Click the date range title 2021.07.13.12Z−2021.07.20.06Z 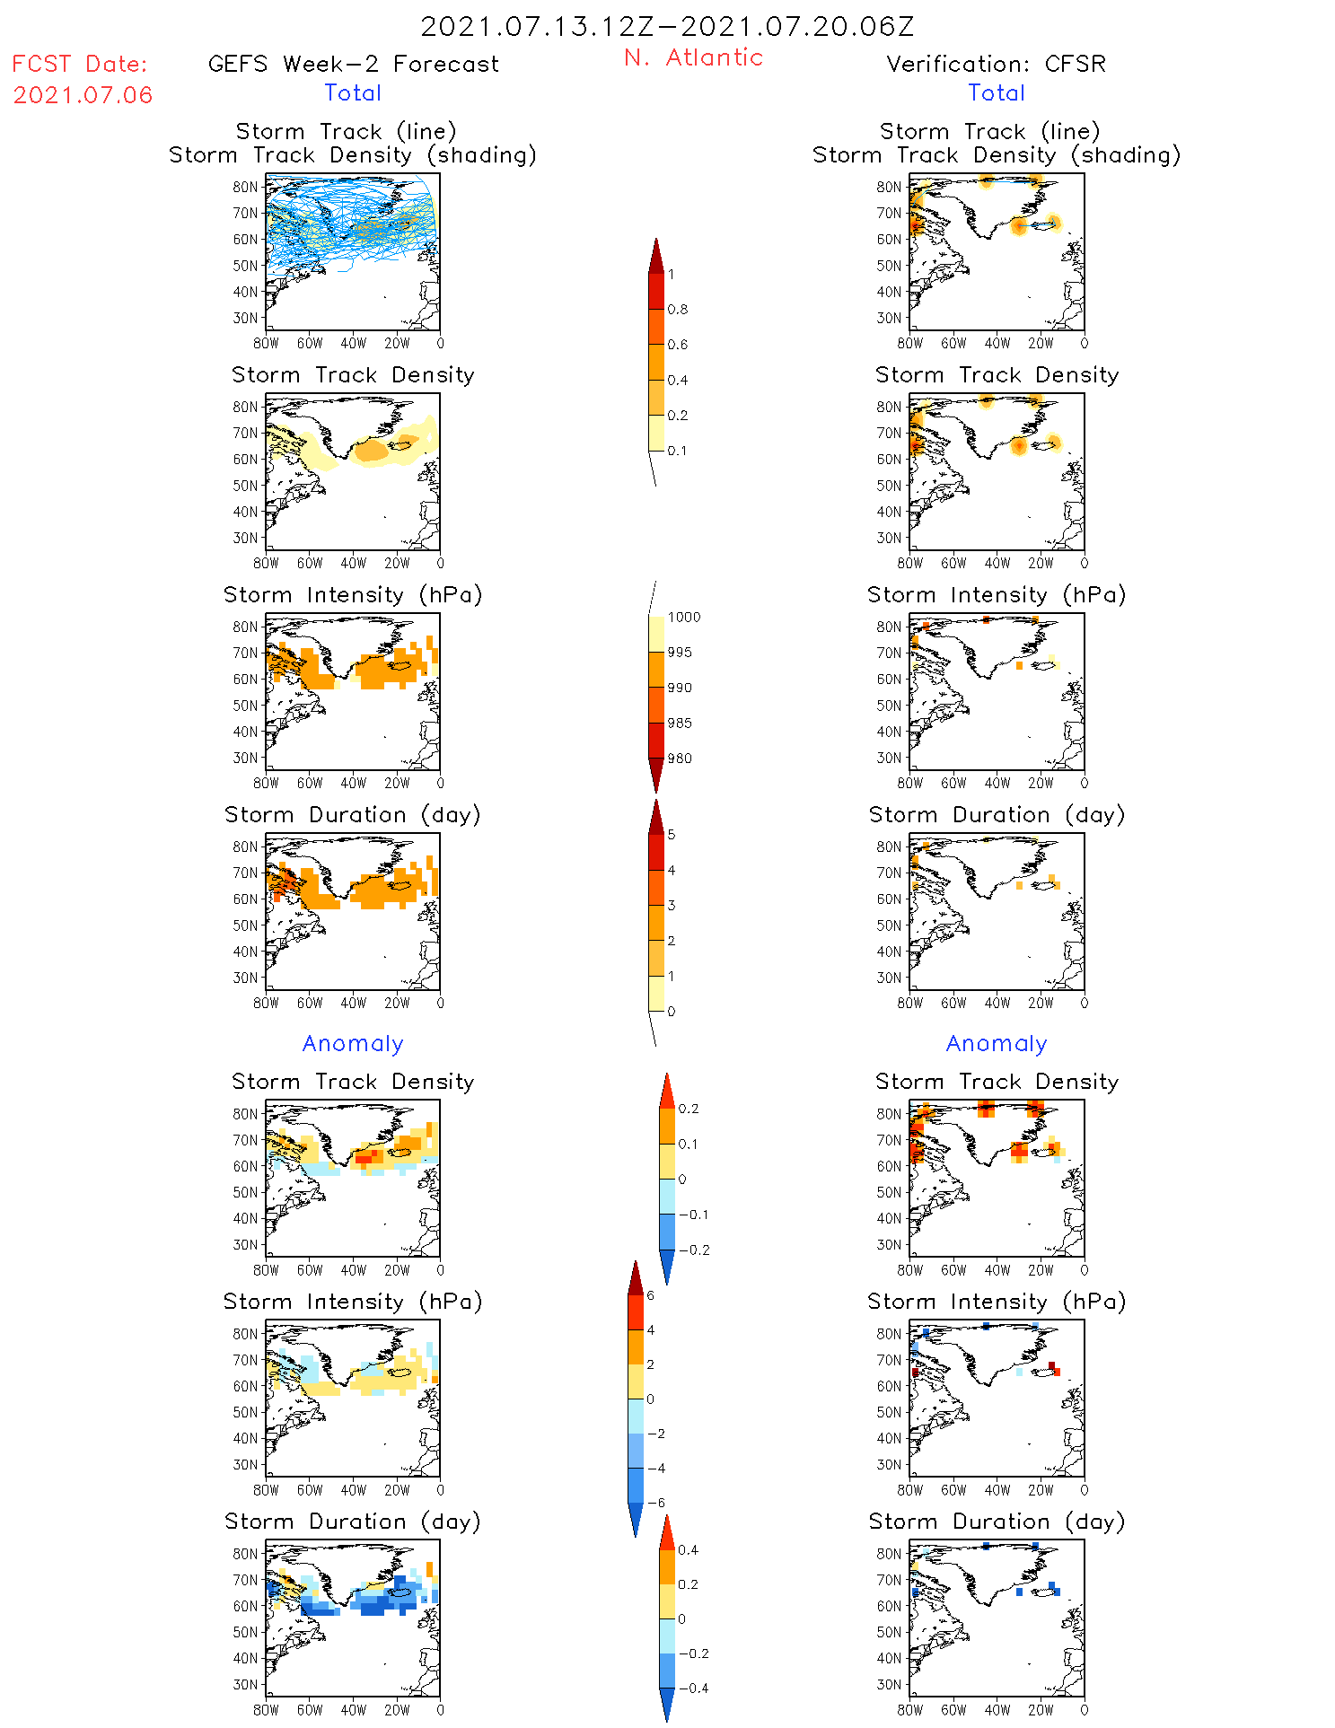click(x=667, y=26)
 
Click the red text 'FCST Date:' click(x=80, y=64)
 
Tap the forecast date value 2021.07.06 click(x=83, y=94)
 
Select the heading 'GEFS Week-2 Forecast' click(x=353, y=64)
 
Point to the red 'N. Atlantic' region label click(x=693, y=57)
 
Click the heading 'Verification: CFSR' click(x=996, y=64)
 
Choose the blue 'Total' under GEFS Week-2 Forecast click(x=353, y=92)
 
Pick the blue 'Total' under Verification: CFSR click(x=996, y=92)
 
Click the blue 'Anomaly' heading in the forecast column click(x=353, y=1043)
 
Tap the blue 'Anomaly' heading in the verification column click(x=997, y=1043)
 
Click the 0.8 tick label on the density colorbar click(x=678, y=310)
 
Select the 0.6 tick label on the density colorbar click(x=678, y=345)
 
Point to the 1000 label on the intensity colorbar click(x=683, y=617)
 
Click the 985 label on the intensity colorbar click(x=680, y=723)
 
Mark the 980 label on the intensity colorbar click(x=680, y=759)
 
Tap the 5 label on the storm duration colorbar click(x=672, y=835)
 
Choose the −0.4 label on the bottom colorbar click(x=692, y=1688)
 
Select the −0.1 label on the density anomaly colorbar click(x=692, y=1215)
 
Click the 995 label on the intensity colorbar click(x=680, y=653)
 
